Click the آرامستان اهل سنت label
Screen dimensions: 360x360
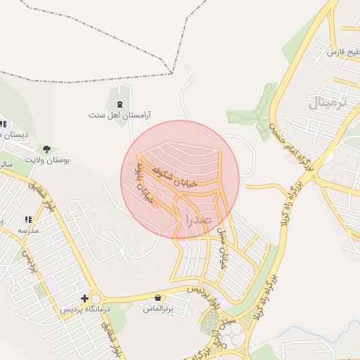coord(120,113)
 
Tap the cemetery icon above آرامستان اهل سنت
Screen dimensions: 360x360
coord(120,104)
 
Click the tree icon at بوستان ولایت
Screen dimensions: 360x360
coord(46,149)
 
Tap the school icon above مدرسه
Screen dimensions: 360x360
coord(28,220)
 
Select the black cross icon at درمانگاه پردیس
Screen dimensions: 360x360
coord(85,298)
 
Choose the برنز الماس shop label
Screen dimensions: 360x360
coord(159,308)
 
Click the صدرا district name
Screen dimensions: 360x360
coord(196,219)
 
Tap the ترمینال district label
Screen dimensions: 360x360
coord(328,103)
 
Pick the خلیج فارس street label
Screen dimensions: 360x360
coord(344,51)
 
